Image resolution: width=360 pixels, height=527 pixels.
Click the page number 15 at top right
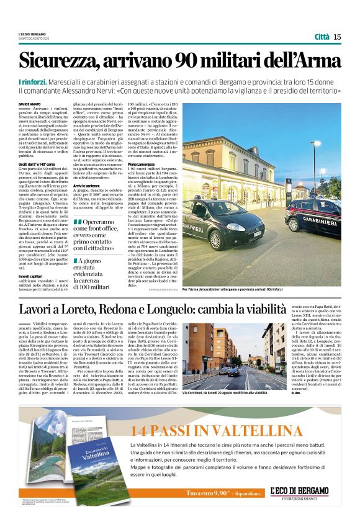(x=337, y=37)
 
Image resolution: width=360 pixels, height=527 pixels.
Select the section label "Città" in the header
(x=322, y=37)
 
